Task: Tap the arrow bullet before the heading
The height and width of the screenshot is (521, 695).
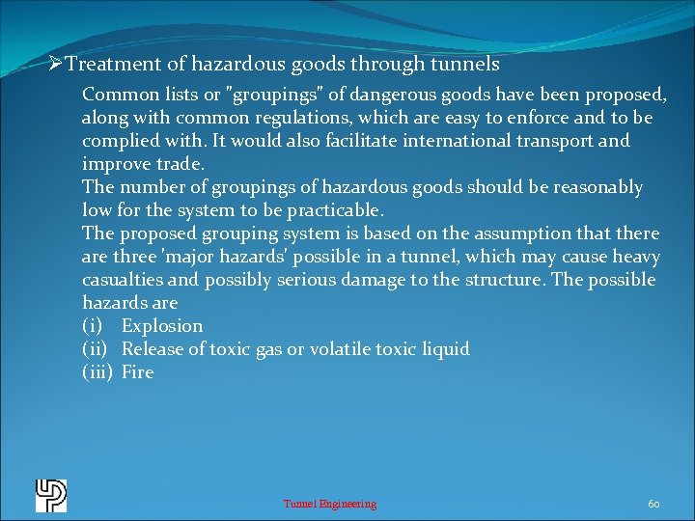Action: coord(56,65)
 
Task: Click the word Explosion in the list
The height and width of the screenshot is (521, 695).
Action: coord(162,326)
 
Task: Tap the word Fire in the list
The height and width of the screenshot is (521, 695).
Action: coord(137,372)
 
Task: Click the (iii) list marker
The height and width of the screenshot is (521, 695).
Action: coord(97,372)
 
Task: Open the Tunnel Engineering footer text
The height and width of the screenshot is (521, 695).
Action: coord(330,504)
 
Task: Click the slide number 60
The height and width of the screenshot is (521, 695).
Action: coord(653,504)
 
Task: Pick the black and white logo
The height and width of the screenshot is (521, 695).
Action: coord(50,495)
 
